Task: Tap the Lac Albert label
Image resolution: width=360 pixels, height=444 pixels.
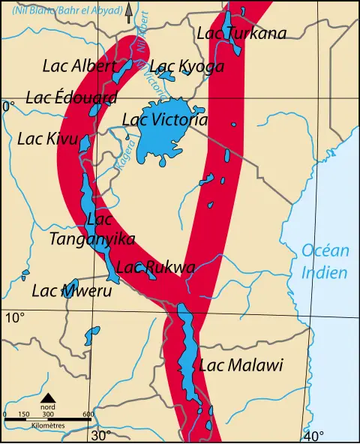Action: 77,65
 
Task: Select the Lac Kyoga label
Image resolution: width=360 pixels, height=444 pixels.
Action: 187,67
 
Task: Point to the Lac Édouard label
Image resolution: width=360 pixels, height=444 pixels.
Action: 71,97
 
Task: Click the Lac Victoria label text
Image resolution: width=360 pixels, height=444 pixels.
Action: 164,119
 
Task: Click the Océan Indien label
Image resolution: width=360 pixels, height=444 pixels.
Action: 324,262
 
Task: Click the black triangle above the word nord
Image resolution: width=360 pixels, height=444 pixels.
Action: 48,398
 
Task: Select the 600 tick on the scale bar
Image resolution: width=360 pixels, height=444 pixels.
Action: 88,414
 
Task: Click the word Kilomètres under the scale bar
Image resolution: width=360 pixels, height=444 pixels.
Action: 48,425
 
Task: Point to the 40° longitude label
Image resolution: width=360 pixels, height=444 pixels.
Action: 313,436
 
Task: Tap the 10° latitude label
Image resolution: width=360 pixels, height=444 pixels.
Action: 15,318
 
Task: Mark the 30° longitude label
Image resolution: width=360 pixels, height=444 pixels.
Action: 101,435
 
